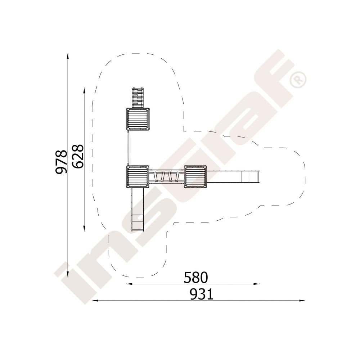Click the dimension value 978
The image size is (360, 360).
(62, 162)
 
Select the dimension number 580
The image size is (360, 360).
(195, 277)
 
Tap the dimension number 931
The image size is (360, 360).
(202, 294)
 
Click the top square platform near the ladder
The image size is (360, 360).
(138, 119)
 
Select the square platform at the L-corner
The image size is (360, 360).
(138, 176)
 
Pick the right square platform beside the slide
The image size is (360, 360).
(195, 176)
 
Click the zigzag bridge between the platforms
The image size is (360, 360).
(166, 176)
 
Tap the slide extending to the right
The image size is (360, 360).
(233, 176)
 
